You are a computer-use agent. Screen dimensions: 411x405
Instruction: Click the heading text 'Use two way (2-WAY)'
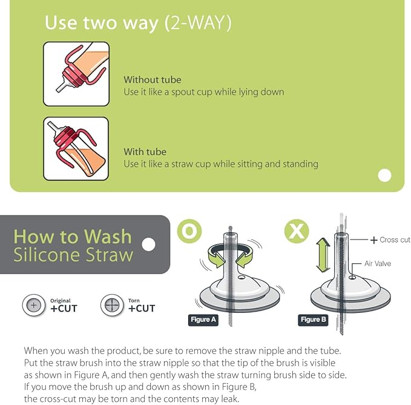(138, 23)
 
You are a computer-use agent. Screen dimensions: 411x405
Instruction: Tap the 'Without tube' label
(153, 80)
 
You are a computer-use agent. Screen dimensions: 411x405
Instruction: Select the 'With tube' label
(145, 152)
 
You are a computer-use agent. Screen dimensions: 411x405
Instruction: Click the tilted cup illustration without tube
(76, 74)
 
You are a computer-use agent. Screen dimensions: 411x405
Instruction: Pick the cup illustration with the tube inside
(76, 149)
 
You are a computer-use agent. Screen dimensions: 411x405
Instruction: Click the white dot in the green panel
(384, 175)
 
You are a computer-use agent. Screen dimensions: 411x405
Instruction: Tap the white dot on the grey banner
(148, 244)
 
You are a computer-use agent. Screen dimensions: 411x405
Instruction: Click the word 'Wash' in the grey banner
(108, 236)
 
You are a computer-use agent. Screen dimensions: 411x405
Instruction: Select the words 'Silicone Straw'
(73, 255)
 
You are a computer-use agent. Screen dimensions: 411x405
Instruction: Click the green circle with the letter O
(189, 231)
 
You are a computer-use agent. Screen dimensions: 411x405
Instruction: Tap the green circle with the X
(297, 231)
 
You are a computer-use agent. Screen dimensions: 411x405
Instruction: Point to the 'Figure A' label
(203, 320)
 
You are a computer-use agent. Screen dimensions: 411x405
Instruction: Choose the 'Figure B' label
(313, 320)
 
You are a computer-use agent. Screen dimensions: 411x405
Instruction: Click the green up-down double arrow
(323, 255)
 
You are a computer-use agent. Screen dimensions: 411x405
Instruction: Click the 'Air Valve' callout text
(378, 264)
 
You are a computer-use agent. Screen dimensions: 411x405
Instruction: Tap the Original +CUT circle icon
(34, 305)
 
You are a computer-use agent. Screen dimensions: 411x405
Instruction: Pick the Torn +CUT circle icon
(112, 305)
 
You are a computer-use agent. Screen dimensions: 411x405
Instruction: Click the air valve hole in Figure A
(242, 277)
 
